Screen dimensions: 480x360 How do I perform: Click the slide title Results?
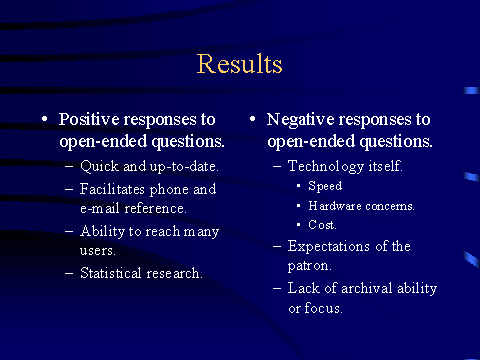click(x=240, y=64)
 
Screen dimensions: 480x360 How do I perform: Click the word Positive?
click(x=89, y=119)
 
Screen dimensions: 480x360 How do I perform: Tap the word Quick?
click(x=99, y=166)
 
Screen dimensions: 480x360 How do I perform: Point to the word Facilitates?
click(x=112, y=189)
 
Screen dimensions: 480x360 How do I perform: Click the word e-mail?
click(x=100, y=208)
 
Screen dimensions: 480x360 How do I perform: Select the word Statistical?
click(x=111, y=273)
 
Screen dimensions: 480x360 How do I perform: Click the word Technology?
click(x=326, y=167)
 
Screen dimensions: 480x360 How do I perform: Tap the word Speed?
click(x=325, y=186)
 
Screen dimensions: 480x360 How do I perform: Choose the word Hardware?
click(x=335, y=206)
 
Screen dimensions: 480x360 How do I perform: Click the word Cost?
click(x=322, y=225)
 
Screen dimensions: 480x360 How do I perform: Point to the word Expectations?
click(x=329, y=247)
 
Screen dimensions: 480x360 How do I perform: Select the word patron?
click(x=309, y=266)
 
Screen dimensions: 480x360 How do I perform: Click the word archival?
click(x=367, y=288)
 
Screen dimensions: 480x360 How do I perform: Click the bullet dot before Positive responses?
click(x=45, y=119)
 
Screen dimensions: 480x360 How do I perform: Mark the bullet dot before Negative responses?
click(x=253, y=119)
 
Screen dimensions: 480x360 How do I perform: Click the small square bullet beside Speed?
click(x=299, y=186)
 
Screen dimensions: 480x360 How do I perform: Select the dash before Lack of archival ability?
click(x=277, y=288)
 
